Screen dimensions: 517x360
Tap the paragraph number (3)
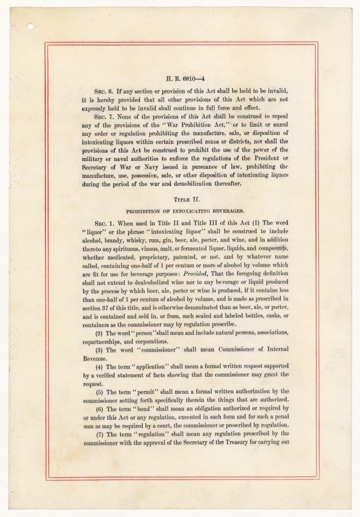tap(99, 350)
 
